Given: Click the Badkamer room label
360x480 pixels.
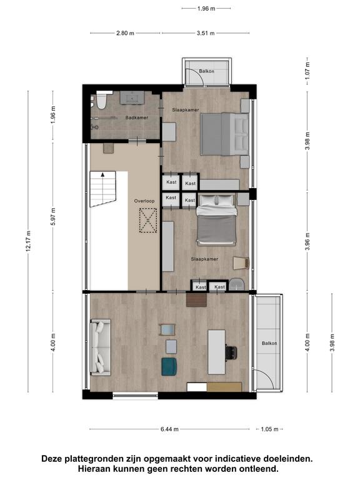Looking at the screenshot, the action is (137, 117).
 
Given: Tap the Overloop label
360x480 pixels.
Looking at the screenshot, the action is (144, 201).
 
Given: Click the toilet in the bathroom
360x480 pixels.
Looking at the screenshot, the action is (101, 101).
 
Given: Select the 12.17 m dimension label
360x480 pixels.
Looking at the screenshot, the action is (29, 241).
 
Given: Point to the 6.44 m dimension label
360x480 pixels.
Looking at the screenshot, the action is (169, 429).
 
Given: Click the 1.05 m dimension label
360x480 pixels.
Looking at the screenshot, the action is (269, 429).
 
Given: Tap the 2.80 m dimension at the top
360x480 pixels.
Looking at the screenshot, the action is (125, 33).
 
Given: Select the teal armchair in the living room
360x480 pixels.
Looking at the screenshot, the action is (169, 366).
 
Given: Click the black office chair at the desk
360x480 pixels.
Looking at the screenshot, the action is (231, 352).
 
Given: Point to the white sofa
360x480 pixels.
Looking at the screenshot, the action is (100, 347).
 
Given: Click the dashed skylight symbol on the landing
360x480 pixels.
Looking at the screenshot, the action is (148, 221).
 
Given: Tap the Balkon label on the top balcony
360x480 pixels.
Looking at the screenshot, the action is (207, 71).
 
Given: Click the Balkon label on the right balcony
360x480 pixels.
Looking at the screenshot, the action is (269, 344).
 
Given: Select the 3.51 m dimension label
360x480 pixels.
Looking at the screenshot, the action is (206, 33).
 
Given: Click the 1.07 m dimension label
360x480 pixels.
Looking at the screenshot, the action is (307, 69).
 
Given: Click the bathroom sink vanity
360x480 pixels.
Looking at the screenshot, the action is (132, 97).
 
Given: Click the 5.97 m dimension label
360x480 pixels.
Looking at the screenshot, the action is (53, 216).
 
